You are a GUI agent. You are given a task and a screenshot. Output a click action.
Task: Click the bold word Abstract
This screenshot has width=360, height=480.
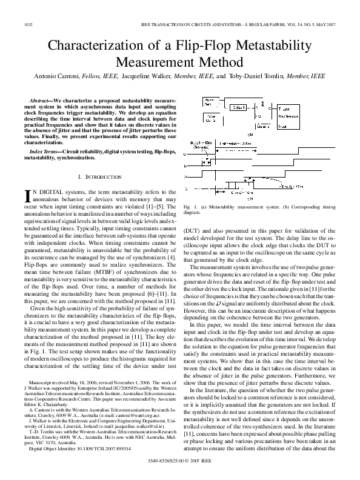pos(41,99)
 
